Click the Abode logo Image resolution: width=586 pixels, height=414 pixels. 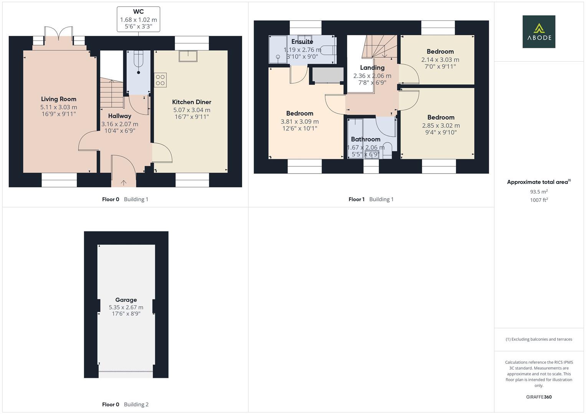point(538,31)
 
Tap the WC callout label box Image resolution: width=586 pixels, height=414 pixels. point(138,19)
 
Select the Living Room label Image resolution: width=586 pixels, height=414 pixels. point(59,99)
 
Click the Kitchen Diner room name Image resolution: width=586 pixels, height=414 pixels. point(191,102)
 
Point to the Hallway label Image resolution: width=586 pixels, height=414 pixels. point(119,116)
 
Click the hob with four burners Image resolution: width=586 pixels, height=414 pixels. point(160,80)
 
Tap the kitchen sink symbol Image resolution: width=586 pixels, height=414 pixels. point(188,56)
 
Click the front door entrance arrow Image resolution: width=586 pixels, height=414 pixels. point(124,182)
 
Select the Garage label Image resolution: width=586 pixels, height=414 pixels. point(126,300)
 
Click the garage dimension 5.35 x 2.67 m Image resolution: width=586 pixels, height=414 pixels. point(126,307)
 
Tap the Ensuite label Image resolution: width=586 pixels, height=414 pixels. point(302,41)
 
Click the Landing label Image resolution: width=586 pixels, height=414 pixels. point(372,67)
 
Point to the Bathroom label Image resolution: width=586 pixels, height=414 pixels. point(365,139)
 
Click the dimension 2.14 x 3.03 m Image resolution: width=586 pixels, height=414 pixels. point(440,59)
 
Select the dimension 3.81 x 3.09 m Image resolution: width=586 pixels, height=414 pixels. point(299,122)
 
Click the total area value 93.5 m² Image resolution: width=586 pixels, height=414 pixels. point(539,192)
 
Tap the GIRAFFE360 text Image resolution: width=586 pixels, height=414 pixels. point(539,397)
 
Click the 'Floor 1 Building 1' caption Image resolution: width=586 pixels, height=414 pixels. point(371,199)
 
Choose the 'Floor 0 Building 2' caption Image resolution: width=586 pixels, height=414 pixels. point(125,404)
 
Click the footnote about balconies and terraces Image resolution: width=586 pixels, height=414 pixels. point(539,339)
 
